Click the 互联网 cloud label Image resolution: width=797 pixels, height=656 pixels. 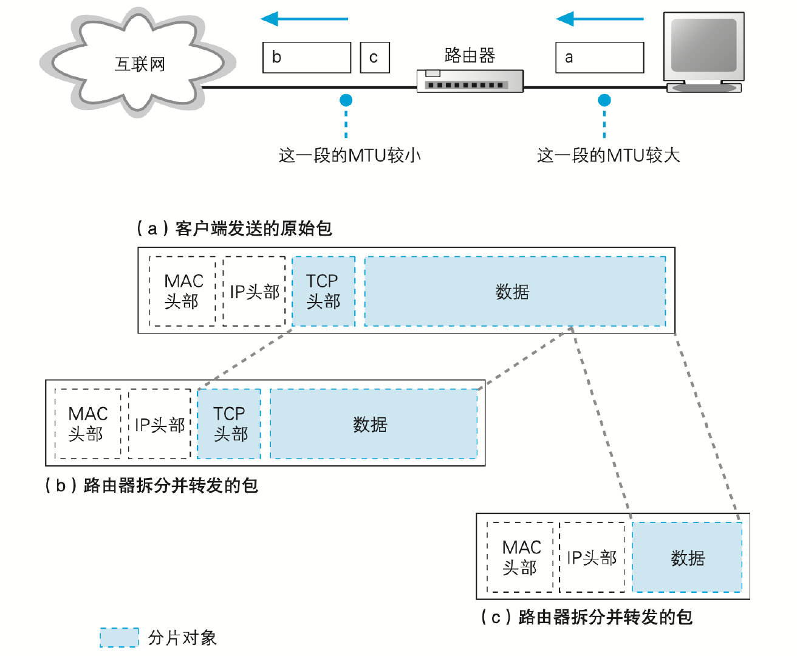click(140, 64)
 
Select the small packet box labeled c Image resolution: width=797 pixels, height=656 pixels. click(374, 58)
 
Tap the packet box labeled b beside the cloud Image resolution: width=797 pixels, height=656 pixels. click(307, 58)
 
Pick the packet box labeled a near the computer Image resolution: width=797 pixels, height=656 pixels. click(600, 58)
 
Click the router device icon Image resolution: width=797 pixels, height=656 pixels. click(470, 81)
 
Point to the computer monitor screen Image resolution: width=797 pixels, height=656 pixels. click(703, 46)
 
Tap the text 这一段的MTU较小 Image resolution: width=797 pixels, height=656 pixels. click(349, 155)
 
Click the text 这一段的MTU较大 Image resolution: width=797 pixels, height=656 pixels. click(608, 155)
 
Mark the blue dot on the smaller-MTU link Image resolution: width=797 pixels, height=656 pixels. click(346, 100)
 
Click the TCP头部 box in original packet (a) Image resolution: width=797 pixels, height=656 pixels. click(323, 292)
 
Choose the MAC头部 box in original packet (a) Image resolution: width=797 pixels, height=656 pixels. click(183, 292)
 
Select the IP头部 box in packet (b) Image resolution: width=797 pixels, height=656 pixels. click(160, 424)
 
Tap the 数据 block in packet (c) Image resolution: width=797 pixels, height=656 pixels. click(687, 558)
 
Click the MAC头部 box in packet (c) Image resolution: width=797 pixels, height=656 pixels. click(521, 558)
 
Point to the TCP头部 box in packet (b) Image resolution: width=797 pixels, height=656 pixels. click(230, 424)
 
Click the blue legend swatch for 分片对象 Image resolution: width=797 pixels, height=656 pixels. click(119, 637)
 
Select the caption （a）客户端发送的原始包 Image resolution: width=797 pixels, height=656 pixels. click(234, 228)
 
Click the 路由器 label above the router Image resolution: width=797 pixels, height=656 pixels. click(470, 55)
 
